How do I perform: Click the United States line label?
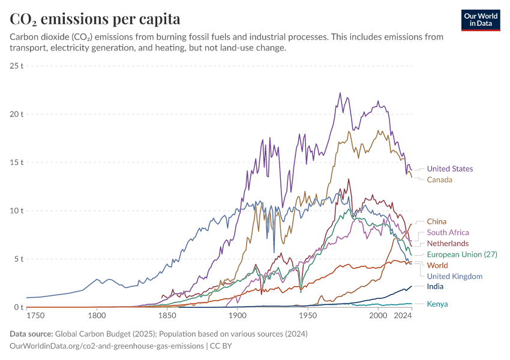449,169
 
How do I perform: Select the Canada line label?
439,179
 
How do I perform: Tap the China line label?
436,221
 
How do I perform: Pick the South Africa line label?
448,232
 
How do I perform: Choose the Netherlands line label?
448,244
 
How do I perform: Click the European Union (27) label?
461,254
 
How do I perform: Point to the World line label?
437,265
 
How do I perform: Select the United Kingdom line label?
454,276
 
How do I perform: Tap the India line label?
435,287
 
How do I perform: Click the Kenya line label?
437,304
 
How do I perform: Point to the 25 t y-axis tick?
16,65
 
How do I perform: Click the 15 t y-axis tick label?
16,163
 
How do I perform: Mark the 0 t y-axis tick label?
18,308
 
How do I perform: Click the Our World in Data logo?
481,20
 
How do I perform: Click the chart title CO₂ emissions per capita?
95,19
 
